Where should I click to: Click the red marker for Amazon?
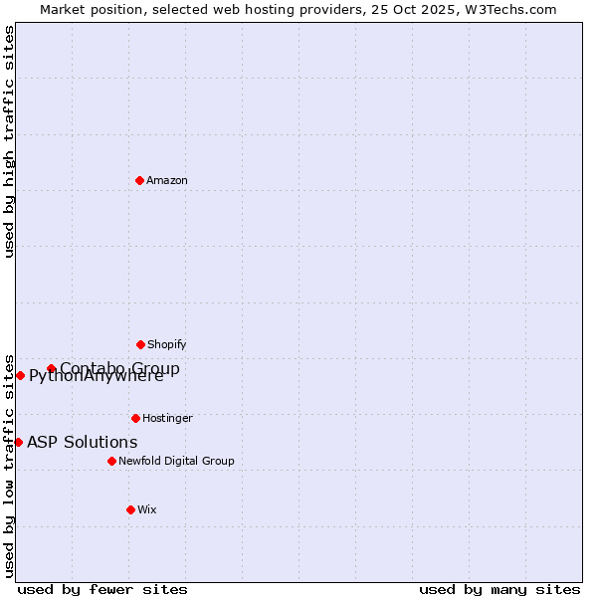click(x=139, y=180)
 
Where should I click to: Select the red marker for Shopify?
click(x=140, y=344)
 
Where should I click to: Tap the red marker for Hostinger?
click(x=135, y=418)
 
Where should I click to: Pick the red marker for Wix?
click(x=130, y=509)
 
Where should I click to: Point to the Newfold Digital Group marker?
click(x=111, y=461)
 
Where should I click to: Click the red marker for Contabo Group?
click(x=51, y=368)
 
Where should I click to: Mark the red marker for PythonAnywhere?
click(x=20, y=375)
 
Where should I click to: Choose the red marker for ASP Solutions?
click(x=18, y=442)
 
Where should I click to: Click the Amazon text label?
click(x=167, y=181)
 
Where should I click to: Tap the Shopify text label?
click(x=167, y=345)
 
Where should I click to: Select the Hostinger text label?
click(x=167, y=419)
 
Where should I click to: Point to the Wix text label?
click(x=147, y=510)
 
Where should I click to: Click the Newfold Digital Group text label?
click(x=176, y=462)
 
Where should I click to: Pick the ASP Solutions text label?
click(x=83, y=443)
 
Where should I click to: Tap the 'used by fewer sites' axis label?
click(x=102, y=589)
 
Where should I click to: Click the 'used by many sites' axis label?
click(x=499, y=589)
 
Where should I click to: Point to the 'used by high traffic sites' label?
click(x=10, y=141)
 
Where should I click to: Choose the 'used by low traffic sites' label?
click(x=10, y=465)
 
